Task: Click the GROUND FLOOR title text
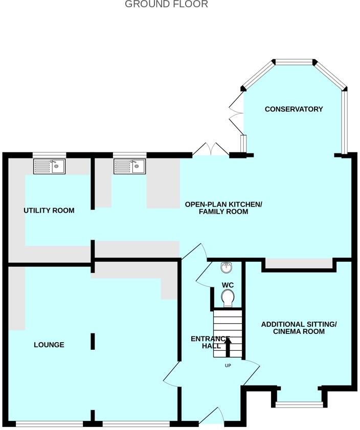[166, 5]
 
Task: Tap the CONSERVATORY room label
[294, 109]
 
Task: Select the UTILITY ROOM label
[49, 211]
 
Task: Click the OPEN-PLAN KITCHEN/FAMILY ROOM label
[223, 208]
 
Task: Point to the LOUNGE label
[49, 345]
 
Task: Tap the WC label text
[228, 285]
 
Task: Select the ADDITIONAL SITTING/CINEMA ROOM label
[299, 328]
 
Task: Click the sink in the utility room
[49, 166]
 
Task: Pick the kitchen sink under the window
[129, 166]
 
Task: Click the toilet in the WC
[228, 298]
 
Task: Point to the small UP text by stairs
[228, 366]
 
